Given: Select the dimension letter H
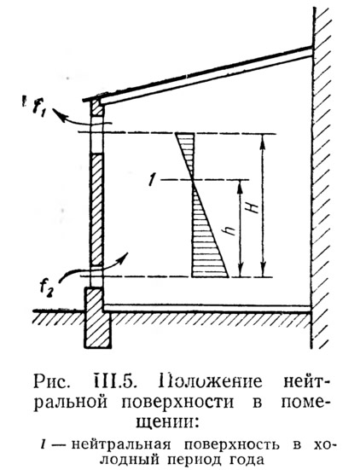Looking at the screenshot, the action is (x=254, y=206).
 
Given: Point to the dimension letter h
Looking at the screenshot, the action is (x=229, y=230).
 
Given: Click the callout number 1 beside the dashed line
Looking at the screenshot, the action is (x=152, y=182).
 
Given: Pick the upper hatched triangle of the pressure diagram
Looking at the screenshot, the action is (x=188, y=150).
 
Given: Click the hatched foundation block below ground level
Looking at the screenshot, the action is (x=97, y=317).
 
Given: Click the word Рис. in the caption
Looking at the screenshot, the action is (x=52, y=381).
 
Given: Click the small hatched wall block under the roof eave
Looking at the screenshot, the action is (x=97, y=107).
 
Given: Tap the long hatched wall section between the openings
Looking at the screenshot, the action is (x=96, y=209).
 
